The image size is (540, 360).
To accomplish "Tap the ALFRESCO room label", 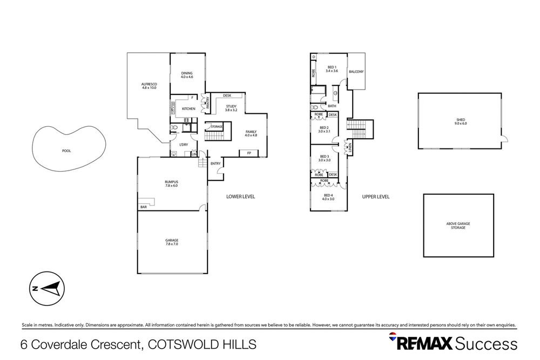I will (148, 85).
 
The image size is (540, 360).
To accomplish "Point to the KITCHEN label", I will (188, 109).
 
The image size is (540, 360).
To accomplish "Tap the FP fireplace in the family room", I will (249, 153).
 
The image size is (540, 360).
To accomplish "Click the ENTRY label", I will (215, 164).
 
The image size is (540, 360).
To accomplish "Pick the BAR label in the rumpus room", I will (144, 207).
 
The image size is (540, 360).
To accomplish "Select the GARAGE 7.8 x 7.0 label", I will (171, 242).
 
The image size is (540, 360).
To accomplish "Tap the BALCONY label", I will (356, 72).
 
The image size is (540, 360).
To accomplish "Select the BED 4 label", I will (328, 197).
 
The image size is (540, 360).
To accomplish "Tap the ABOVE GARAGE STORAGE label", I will (458, 226).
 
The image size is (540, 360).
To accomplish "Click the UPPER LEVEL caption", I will (375, 197).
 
